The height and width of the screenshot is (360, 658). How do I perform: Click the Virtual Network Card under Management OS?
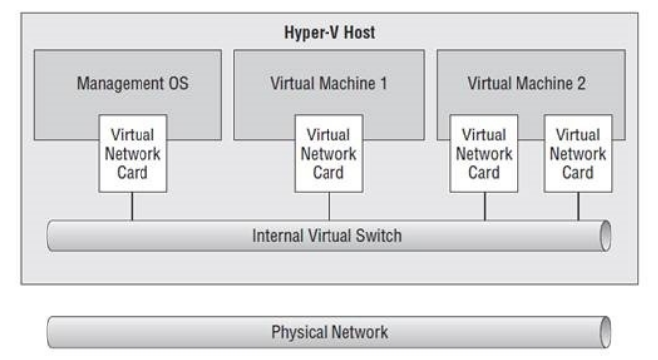133,153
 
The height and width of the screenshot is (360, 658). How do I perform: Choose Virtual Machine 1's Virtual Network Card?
329,153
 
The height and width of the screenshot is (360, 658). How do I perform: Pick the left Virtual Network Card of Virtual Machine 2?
484,153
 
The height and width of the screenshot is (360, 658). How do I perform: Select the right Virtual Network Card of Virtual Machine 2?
578,153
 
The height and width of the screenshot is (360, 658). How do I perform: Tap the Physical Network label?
328,330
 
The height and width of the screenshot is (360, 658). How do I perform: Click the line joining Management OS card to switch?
133,206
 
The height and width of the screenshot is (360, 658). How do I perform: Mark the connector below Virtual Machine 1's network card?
329,206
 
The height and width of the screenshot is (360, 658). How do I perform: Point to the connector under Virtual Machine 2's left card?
484,206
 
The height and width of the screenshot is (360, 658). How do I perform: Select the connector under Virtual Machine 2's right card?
578,206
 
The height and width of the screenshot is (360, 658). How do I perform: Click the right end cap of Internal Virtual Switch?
606,236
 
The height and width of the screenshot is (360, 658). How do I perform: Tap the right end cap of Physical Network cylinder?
606,331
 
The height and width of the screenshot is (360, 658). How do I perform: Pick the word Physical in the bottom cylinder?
301,330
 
